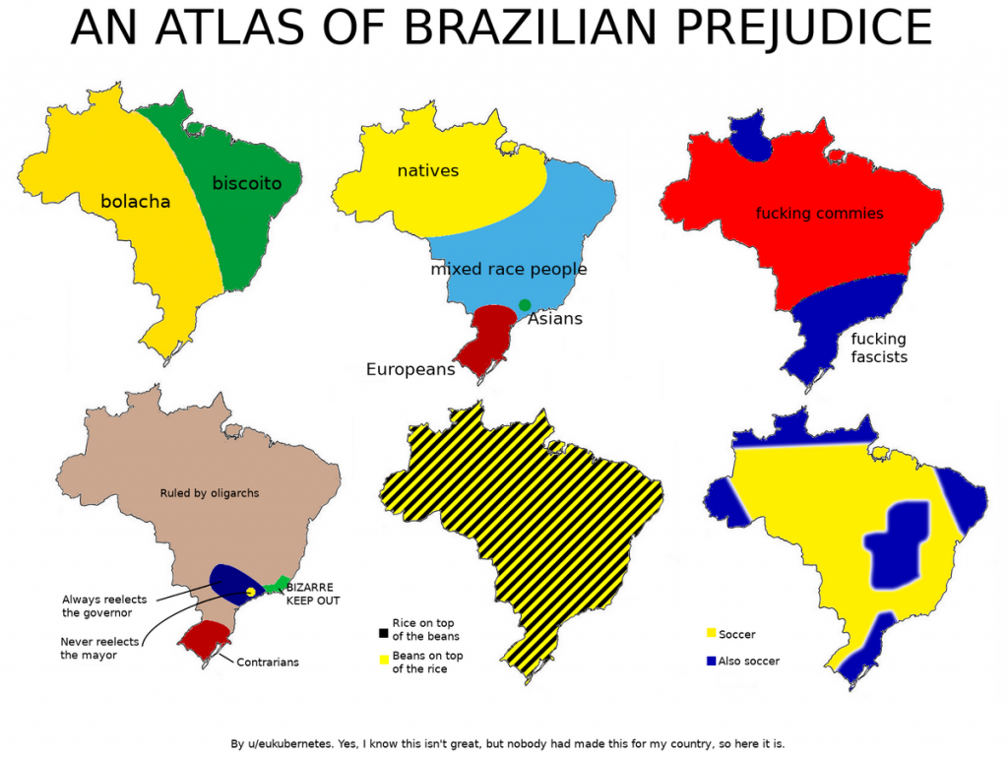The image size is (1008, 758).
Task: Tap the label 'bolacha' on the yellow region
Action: point(136,202)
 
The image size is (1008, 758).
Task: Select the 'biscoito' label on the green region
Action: point(247,183)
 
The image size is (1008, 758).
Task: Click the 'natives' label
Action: point(428,171)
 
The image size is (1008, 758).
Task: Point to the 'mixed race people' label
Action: point(509,269)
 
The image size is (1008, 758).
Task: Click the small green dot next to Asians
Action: point(525,305)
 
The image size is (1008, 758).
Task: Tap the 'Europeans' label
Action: point(410,370)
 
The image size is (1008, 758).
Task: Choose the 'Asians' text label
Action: point(555,319)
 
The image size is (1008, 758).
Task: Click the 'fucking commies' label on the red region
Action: point(820,214)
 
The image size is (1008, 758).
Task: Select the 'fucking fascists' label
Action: point(879,348)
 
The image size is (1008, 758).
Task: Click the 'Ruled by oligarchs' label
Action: point(210,493)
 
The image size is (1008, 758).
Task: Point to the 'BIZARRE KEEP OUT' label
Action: point(313,594)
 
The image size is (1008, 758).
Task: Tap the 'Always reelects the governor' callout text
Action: point(97,605)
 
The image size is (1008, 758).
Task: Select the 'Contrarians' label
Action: point(268,663)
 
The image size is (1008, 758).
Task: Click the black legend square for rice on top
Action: point(382,630)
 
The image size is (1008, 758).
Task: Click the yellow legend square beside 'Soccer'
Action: point(711,634)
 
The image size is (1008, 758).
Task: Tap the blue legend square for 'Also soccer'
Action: point(711,661)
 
